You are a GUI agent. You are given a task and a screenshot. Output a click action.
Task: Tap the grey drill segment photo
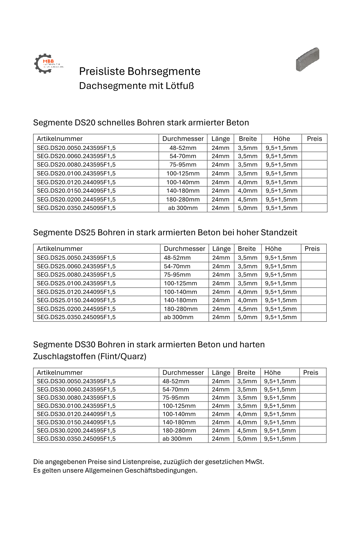pyautogui.click(x=307, y=59)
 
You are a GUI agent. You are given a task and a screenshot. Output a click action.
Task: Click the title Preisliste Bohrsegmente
pyautogui.click(x=140, y=71)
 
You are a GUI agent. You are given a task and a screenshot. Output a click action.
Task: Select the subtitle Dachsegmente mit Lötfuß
pyautogui.click(x=136, y=86)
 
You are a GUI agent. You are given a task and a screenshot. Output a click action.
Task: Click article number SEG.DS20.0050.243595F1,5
pyautogui.click(x=76, y=148)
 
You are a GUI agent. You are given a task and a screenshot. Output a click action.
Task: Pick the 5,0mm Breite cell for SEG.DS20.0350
pyautogui.click(x=248, y=208)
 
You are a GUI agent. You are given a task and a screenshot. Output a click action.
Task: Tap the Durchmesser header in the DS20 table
pyautogui.click(x=183, y=139)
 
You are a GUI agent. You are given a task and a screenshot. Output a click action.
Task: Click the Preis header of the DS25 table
pyautogui.click(x=312, y=249)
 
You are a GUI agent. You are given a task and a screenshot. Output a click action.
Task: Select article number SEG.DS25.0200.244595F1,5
pyautogui.click(x=76, y=309)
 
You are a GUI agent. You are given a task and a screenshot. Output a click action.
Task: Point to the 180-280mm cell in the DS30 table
pyautogui.click(x=179, y=431)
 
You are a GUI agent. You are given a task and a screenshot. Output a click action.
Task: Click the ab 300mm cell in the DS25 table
pyautogui.click(x=178, y=317)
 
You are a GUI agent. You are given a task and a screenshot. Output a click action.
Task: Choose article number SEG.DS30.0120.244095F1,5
pyautogui.click(x=76, y=414)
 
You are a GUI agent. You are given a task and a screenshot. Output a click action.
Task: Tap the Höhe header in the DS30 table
pyautogui.click(x=272, y=372)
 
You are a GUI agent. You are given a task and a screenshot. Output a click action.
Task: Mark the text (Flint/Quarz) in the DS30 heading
pyautogui.click(x=122, y=357)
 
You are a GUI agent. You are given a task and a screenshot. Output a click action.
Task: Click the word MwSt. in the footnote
pyautogui.click(x=254, y=462)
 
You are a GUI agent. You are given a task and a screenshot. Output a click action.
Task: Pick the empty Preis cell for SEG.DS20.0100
pyautogui.click(x=314, y=173)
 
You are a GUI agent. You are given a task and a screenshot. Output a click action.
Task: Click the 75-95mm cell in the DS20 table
pyautogui.click(x=183, y=165)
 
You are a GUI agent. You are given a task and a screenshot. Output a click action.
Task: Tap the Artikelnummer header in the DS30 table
pyautogui.click(x=60, y=372)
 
